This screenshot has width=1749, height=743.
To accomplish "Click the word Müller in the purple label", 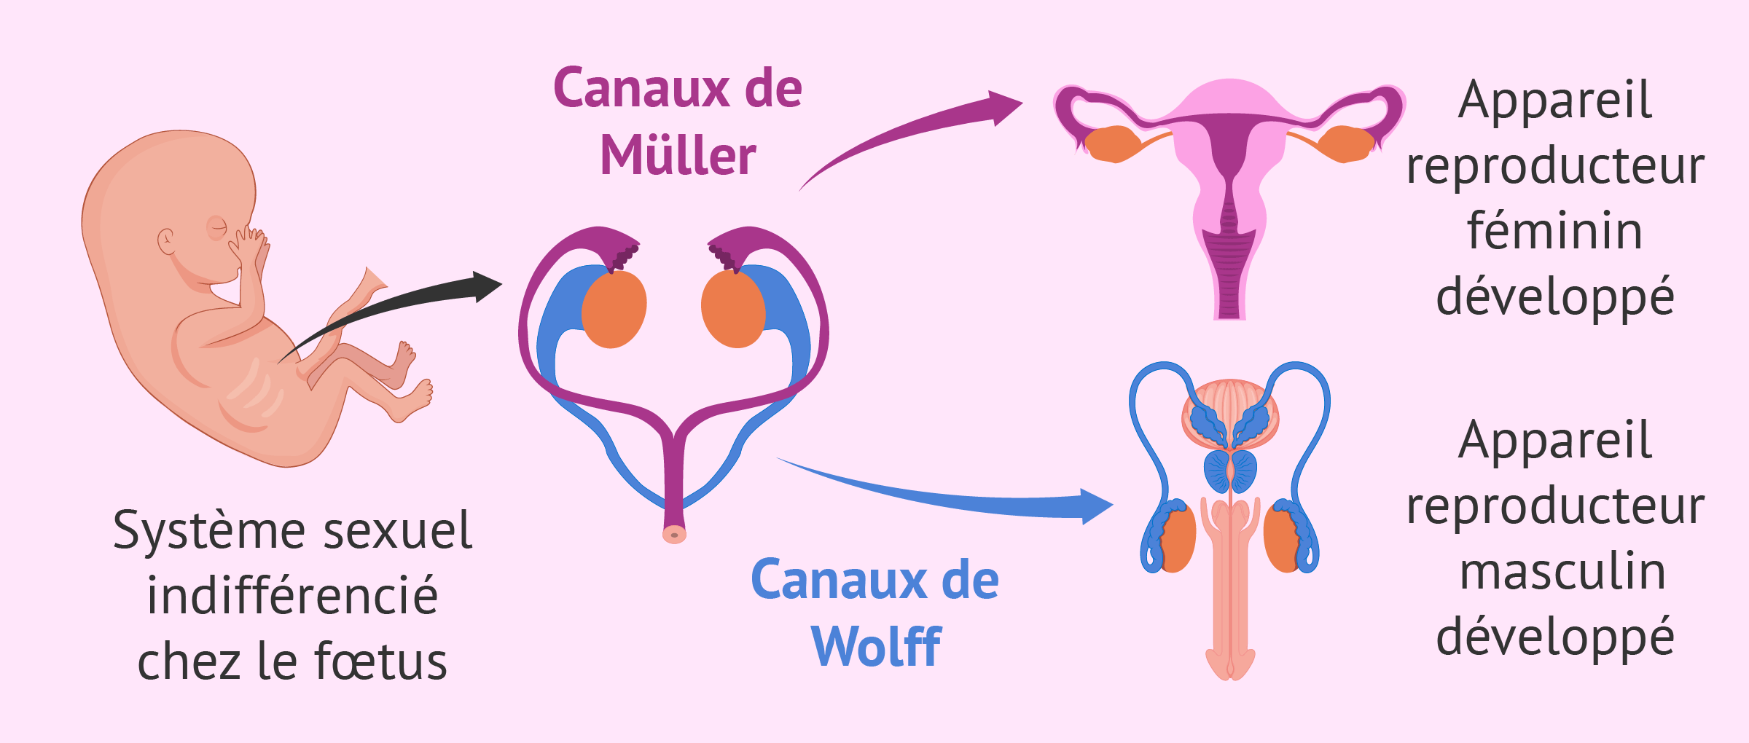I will click(x=678, y=156).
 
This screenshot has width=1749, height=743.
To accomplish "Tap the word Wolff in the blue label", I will click(x=876, y=647).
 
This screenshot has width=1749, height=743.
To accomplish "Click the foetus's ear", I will click(x=167, y=241).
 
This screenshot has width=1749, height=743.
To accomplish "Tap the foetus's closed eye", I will click(x=217, y=228).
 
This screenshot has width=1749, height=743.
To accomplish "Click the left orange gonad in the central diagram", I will click(x=614, y=309).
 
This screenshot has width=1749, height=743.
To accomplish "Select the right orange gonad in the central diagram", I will click(x=733, y=309).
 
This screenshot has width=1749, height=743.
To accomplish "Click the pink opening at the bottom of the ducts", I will click(x=674, y=535).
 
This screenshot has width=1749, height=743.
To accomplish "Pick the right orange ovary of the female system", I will click(x=1347, y=143).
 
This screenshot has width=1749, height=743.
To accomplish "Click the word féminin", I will click(x=1554, y=232).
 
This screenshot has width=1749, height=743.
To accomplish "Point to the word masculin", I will click(x=1562, y=573).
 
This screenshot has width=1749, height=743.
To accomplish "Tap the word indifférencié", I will click(x=292, y=596).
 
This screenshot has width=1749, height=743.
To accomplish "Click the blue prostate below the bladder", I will click(x=1230, y=471).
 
